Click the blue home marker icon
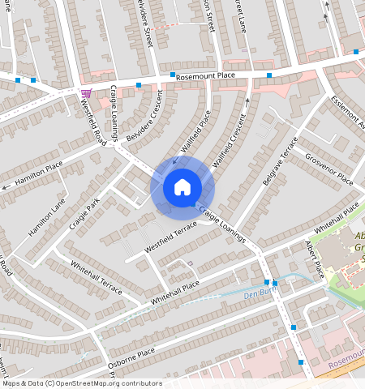pos(182,188)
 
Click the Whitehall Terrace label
pos(96,278)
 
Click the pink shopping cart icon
pos(86,93)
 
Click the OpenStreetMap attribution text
pos(82,383)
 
